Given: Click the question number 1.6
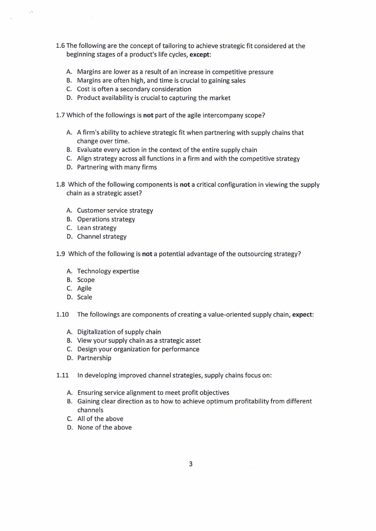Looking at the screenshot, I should pos(60,46).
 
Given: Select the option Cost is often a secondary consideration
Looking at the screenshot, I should pos(134,89).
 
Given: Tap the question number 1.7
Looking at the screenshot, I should pos(60,115).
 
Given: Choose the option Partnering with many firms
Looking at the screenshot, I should pos(116,167).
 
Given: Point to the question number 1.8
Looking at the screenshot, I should pos(60,185).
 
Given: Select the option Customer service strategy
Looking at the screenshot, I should pos(115,211).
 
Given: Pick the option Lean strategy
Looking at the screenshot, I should pos(97,228).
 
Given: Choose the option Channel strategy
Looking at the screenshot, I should pos(102,237).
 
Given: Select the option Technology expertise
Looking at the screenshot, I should pos(108,271).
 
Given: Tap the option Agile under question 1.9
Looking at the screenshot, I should pos(84,288).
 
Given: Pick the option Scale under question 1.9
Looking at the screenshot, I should pos(85,297).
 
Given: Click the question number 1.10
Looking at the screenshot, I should pos(62,315).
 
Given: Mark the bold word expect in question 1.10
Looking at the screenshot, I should pos(303,315).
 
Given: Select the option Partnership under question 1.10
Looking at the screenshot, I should pos(94,358).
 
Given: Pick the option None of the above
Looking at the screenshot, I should pos(104,427).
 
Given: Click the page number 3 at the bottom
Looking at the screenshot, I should pos(190,464).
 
